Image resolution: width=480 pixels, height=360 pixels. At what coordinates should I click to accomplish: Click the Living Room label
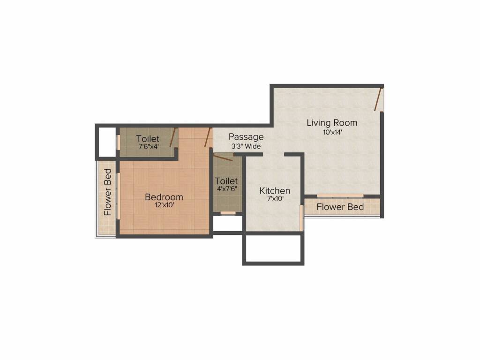click(x=332, y=123)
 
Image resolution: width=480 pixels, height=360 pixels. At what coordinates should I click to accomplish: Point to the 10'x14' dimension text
click(x=332, y=132)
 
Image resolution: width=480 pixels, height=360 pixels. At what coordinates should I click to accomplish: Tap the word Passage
click(x=246, y=137)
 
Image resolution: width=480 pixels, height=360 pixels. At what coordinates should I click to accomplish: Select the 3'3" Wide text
click(x=246, y=146)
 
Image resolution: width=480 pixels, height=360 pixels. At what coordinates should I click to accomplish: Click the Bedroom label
click(x=164, y=197)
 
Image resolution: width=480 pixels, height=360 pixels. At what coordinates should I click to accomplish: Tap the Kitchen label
click(x=275, y=191)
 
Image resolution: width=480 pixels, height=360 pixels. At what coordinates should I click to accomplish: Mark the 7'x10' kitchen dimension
click(x=275, y=199)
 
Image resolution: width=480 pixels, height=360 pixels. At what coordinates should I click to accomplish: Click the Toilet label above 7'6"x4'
click(x=148, y=139)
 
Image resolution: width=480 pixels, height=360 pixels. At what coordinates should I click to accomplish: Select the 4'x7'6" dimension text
click(x=226, y=189)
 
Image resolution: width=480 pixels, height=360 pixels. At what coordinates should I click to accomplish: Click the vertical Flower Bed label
click(x=108, y=192)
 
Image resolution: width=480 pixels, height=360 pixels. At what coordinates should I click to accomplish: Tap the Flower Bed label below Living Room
click(x=340, y=207)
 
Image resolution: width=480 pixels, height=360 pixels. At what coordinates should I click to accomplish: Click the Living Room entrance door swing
click(x=379, y=98)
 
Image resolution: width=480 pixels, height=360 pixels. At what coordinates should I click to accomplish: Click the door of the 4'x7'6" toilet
click(x=223, y=158)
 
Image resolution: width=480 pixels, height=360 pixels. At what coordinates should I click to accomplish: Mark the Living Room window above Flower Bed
click(x=340, y=195)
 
